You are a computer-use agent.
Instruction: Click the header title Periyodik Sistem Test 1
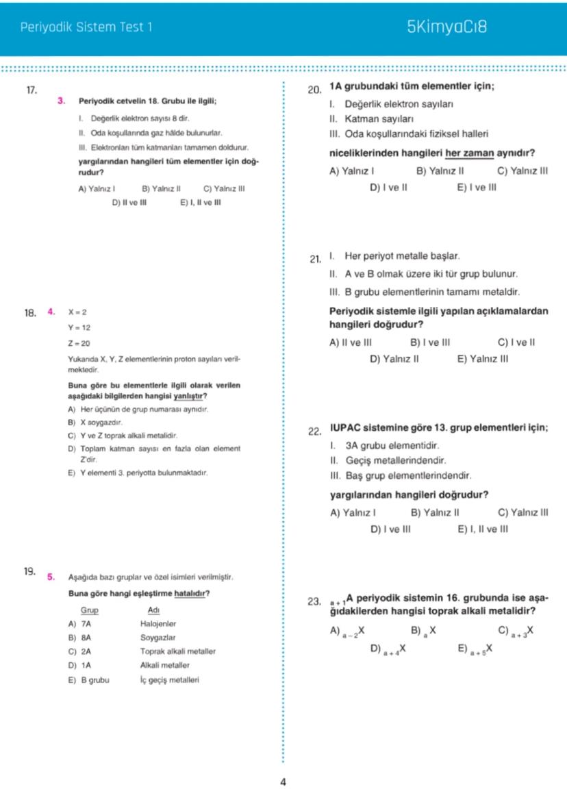[86, 28]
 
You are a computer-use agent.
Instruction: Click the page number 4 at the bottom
[283, 781]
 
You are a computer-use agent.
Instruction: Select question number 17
[31, 90]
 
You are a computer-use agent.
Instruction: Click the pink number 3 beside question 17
[62, 101]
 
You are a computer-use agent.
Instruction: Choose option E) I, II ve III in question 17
[200, 202]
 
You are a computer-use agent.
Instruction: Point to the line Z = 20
[78, 343]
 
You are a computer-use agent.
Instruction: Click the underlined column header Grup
[90, 610]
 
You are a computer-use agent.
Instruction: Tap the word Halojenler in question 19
[158, 624]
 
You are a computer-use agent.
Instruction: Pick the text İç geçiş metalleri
[170, 680]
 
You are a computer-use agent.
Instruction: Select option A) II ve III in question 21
[351, 342]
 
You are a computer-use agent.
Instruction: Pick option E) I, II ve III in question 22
[483, 529]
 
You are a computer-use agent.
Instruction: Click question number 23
[315, 602]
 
